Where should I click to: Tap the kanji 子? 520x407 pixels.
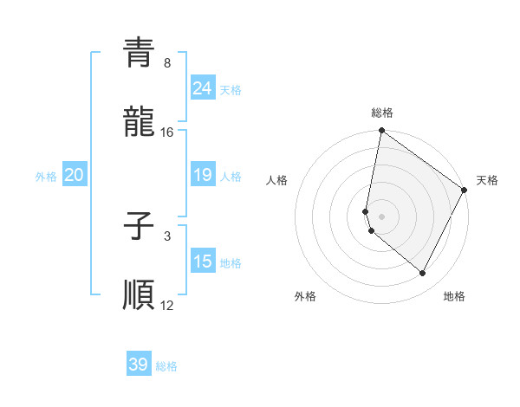139,226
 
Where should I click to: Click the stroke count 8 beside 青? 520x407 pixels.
166,63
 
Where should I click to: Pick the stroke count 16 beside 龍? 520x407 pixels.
167,132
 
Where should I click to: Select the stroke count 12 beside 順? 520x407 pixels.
167,306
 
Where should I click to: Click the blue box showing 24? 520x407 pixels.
203,88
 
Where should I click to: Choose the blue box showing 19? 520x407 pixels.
203,175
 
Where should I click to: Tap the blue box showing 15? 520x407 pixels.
203,262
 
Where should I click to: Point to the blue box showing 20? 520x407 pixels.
74,175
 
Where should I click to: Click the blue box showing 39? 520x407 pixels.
139,365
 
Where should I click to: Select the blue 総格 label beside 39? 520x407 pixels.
166,366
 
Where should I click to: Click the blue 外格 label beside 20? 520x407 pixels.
46,177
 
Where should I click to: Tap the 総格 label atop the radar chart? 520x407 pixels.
381,113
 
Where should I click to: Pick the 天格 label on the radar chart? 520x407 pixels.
487,180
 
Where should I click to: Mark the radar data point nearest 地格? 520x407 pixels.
423,273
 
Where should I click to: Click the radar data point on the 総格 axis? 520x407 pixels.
381,132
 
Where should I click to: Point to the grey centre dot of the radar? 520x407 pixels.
381,216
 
